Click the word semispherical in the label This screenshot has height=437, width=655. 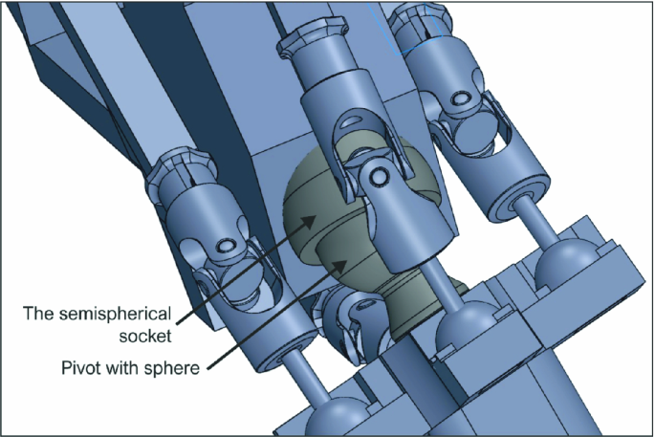115,314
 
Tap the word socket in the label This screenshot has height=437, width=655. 145,336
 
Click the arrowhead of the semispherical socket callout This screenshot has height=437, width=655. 308,221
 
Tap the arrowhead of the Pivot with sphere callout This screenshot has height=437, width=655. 339,265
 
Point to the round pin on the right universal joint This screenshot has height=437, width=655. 460,98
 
